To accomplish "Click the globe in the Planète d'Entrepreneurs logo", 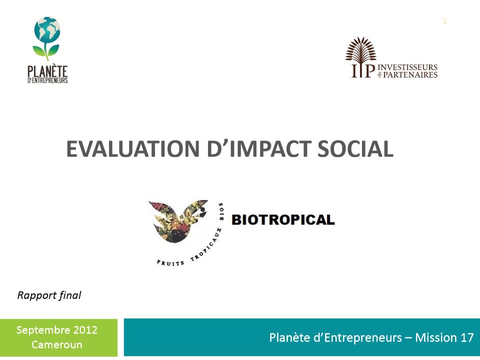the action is click(x=47, y=29).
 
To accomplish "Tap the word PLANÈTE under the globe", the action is click(x=47, y=71).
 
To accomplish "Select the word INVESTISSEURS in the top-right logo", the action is click(x=407, y=67).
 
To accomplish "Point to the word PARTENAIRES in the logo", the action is click(x=410, y=74).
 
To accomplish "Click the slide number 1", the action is click(x=444, y=21).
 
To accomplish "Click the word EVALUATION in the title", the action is click(x=133, y=149).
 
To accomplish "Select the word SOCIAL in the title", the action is click(x=355, y=149).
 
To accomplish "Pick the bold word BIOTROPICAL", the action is click(x=283, y=220).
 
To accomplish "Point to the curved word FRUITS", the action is click(x=170, y=262).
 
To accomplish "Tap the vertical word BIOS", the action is click(x=221, y=211).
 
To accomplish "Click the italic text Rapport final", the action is click(x=49, y=295).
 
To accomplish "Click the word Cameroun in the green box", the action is click(x=57, y=344).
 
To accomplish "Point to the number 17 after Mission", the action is click(x=467, y=337).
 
